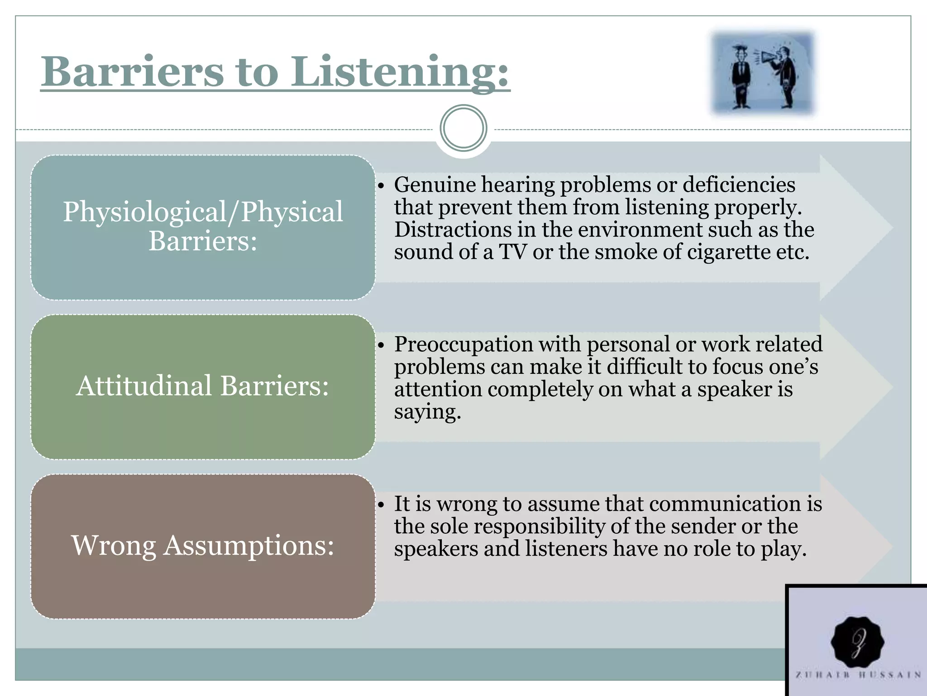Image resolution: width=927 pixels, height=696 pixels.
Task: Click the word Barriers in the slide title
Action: pyautogui.click(x=132, y=72)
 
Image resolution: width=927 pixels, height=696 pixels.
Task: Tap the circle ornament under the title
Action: pyautogui.click(x=463, y=128)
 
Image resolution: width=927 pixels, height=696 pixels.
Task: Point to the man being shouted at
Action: pyautogui.click(x=741, y=77)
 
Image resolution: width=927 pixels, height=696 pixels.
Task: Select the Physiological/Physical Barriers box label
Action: pyautogui.click(x=203, y=226)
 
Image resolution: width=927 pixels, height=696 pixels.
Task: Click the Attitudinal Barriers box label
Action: pyautogui.click(x=203, y=386)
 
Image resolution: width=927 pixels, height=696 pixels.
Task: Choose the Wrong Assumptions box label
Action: pyautogui.click(x=203, y=545)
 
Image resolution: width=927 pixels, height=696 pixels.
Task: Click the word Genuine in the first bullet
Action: pyautogui.click(x=435, y=185)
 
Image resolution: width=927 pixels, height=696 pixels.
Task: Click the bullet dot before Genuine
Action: pyautogui.click(x=381, y=186)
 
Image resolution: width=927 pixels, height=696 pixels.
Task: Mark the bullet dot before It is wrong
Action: pyautogui.click(x=381, y=505)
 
